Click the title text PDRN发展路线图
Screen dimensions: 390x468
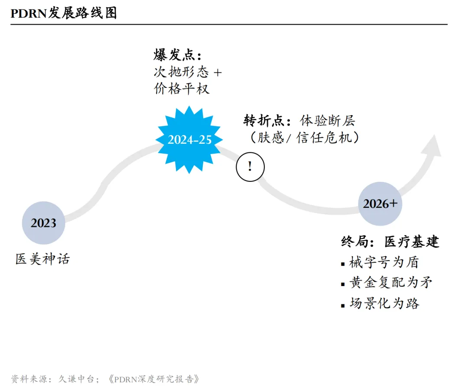point(64,13)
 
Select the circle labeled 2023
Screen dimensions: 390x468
point(44,223)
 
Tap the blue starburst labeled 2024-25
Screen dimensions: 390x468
point(189,140)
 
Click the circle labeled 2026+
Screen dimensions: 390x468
point(380,203)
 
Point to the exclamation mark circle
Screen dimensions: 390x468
point(250,167)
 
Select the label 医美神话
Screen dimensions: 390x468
point(42,259)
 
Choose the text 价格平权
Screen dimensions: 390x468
point(182,88)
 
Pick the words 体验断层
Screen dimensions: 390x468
point(328,121)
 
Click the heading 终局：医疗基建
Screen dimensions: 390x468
point(390,242)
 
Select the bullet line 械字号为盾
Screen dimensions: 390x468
point(384,262)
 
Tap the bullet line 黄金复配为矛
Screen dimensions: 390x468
point(391,283)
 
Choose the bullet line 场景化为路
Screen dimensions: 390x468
point(384,303)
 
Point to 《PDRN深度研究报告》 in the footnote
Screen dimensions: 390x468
point(154,379)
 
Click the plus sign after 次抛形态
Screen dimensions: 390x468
point(217,72)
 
